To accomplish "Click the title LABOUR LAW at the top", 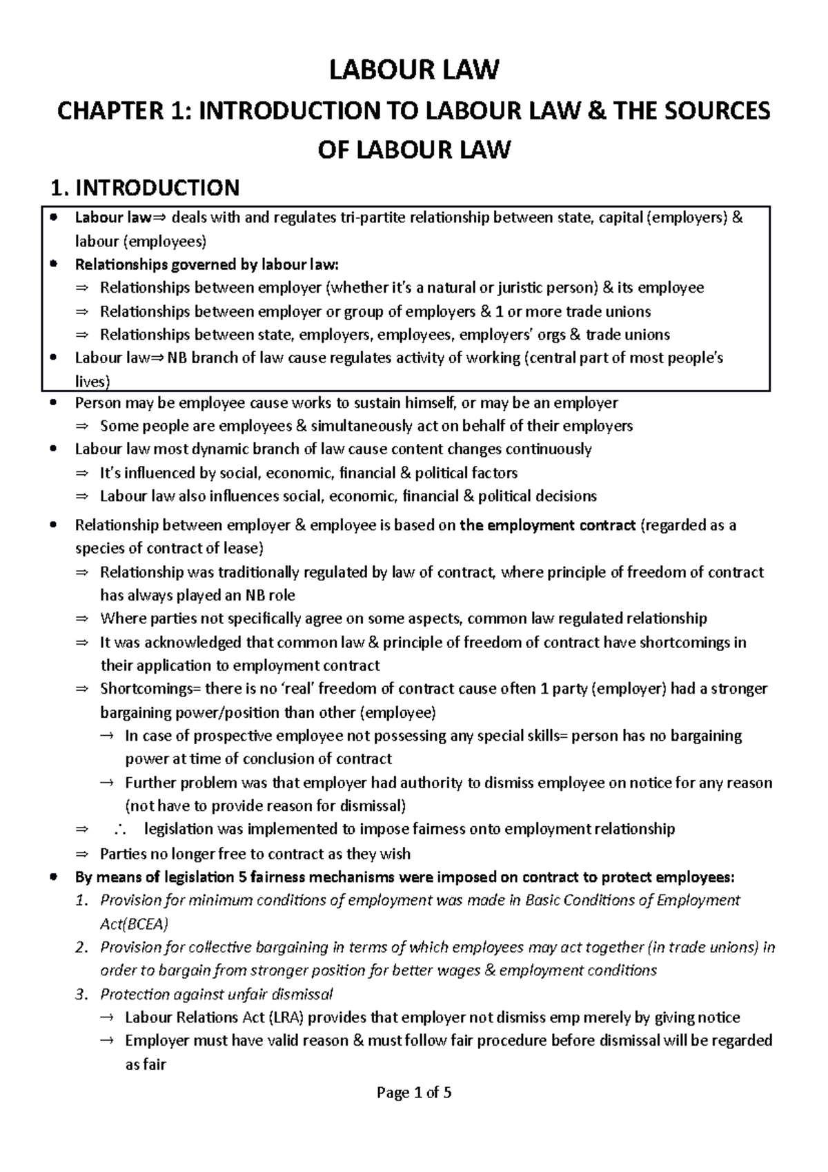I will coord(413,70).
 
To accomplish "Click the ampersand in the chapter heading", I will coord(589,110).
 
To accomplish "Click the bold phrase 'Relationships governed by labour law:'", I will coord(207,264).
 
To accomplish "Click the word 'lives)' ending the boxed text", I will coord(92,382).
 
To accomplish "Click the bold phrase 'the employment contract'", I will coord(547,525).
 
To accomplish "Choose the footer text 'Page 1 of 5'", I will coord(413,1093).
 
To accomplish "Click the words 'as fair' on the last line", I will coord(146,1064).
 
